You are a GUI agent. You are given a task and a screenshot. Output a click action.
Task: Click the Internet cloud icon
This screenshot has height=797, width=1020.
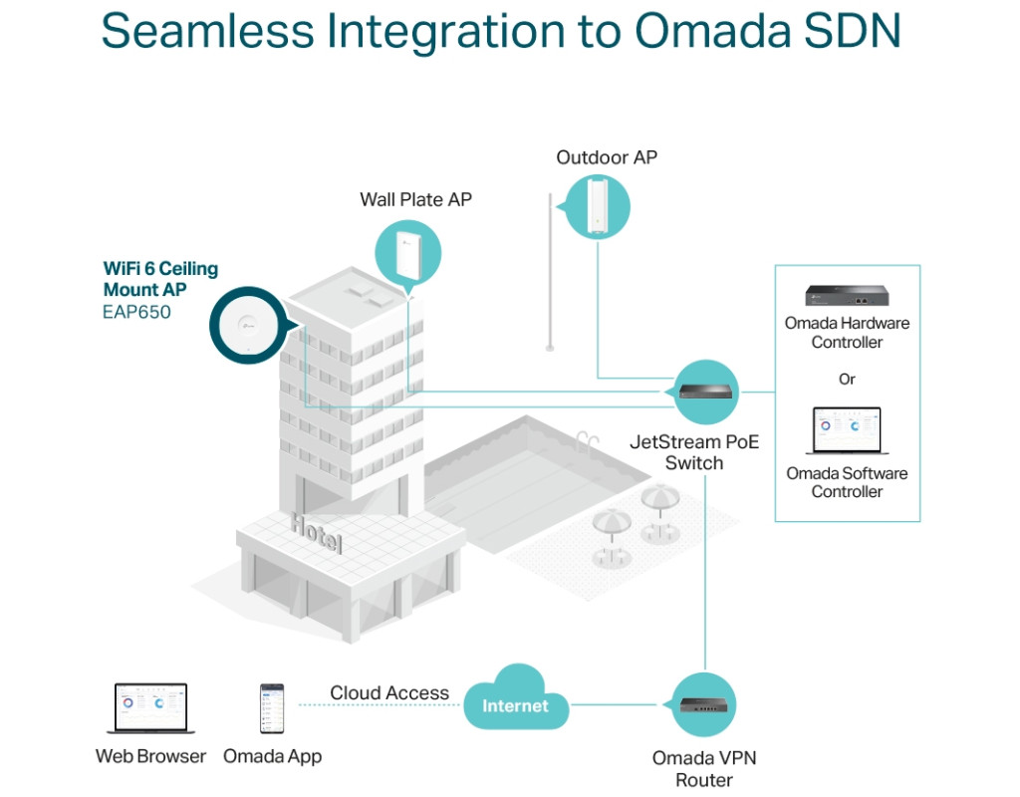(x=516, y=705)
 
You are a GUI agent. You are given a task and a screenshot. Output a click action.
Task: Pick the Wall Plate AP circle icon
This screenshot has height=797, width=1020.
(x=408, y=252)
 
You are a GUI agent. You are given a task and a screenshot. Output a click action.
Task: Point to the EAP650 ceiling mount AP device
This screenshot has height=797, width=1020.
(x=244, y=328)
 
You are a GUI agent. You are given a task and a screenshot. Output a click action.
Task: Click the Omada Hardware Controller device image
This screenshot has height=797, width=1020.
(x=847, y=295)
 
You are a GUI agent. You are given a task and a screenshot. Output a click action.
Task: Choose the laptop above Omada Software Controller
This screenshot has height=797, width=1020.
(x=847, y=429)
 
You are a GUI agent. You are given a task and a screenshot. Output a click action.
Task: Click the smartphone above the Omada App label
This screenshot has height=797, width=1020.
(x=271, y=708)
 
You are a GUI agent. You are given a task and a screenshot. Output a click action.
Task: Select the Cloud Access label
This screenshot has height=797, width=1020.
(x=389, y=693)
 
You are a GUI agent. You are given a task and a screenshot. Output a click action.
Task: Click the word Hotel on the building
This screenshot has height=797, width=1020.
(x=316, y=534)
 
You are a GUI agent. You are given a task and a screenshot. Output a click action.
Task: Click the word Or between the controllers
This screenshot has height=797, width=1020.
(x=847, y=380)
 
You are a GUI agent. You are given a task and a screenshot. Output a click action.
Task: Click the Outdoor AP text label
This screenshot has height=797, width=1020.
(x=607, y=157)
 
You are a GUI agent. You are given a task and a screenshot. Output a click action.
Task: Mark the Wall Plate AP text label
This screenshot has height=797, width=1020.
(x=415, y=199)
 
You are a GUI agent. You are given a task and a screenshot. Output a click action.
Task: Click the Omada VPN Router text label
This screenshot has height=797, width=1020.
(x=704, y=769)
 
